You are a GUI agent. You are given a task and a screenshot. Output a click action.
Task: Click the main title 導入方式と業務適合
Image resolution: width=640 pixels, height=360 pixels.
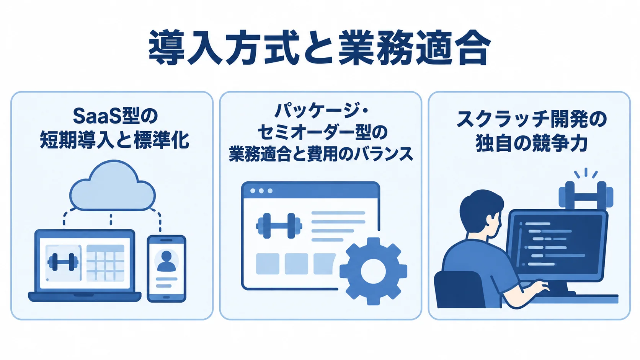320,47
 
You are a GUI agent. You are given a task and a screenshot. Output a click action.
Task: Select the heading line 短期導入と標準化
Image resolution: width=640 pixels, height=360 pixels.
114,140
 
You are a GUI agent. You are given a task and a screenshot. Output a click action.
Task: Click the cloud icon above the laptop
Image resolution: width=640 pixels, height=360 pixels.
113,186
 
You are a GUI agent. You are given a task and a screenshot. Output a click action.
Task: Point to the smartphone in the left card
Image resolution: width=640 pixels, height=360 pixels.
167,269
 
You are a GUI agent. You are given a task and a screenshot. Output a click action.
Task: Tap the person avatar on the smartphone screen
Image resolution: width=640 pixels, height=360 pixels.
166,261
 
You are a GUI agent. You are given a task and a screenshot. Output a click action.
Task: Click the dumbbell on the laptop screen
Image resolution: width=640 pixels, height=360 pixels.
63,262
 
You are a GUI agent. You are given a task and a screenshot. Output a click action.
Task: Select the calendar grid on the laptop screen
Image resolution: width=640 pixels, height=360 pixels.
105,263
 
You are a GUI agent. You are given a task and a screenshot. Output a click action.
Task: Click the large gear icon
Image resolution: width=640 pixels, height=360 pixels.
374,271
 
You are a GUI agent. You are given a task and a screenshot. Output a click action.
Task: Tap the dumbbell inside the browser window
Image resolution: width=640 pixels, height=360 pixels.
279,226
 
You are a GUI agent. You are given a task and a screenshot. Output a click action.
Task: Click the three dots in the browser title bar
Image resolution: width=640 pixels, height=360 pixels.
261,191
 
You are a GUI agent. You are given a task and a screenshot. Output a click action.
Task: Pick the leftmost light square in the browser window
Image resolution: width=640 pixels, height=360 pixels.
268,264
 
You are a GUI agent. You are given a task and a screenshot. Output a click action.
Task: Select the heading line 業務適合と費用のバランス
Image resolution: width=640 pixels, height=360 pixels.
321,155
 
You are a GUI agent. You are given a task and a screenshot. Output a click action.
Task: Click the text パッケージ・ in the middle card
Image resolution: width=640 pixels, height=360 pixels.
321,111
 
